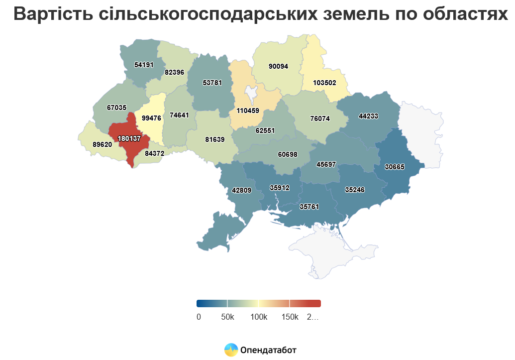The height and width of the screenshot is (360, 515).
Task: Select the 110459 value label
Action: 248,111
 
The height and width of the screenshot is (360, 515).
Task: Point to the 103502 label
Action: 325,83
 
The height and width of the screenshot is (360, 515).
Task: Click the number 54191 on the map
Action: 144,65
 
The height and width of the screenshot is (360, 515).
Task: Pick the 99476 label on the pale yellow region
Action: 151,118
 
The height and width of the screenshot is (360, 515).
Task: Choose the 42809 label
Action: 242,190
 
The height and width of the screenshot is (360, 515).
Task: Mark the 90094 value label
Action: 278,66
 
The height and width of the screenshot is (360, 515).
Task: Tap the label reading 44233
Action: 369,116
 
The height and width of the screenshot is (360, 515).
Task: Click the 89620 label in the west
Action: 102,144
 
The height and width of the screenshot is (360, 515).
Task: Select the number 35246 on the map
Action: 355,190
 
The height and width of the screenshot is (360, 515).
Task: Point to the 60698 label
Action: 288,154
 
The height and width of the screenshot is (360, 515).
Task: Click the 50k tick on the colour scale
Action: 227,317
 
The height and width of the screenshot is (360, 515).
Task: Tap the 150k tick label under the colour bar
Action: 290,317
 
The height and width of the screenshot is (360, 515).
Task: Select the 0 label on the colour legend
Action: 199,317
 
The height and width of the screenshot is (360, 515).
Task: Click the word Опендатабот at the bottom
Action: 268,350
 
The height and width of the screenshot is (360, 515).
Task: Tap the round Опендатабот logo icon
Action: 231,350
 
